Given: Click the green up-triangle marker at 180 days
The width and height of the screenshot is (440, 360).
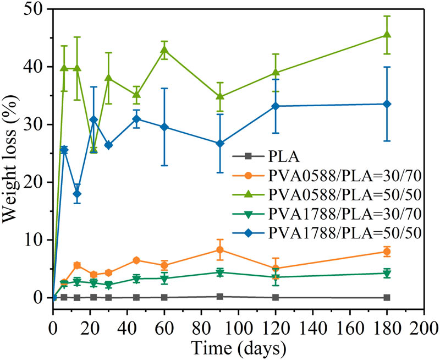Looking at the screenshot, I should click(387, 35).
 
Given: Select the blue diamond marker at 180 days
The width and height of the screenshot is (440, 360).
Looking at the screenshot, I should click(387, 104).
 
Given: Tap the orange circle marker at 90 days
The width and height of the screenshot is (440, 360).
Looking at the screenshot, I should click(220, 250).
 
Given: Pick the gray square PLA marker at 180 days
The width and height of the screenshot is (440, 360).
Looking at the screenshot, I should click(387, 297).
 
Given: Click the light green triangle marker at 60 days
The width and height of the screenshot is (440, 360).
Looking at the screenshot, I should click(164, 50).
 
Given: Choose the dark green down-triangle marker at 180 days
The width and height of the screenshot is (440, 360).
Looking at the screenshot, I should click(387, 274).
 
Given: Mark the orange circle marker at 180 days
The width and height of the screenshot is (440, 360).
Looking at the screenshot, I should click(387, 252).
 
